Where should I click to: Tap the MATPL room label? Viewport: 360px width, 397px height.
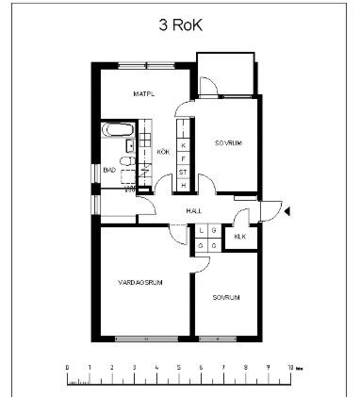tap(143, 94)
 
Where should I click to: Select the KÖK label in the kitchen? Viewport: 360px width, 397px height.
tap(162, 152)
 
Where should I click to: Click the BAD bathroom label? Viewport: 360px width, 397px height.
tap(109, 171)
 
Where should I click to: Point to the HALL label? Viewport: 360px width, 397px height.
tap(194, 210)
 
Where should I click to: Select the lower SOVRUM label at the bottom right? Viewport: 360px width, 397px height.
tap(225, 297)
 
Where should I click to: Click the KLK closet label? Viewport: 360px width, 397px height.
tap(239, 237)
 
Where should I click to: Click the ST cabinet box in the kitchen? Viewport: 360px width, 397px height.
tap(183, 172)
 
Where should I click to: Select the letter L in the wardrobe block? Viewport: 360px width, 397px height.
tap(201, 231)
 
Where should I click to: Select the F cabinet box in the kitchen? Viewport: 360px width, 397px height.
tap(183, 158)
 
